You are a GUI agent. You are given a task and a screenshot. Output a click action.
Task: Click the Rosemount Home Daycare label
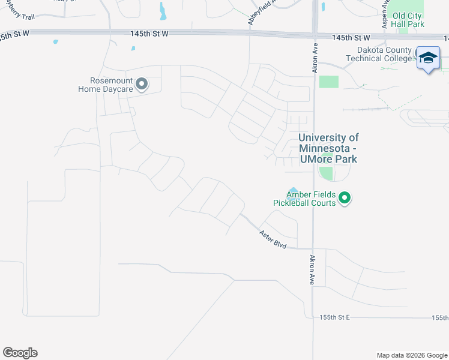(105, 85)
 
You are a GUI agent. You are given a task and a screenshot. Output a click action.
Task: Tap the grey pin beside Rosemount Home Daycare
(142, 84)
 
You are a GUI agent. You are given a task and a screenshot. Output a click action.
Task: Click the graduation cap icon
(428, 58)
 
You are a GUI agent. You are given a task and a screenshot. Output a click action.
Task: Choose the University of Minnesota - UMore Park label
(328, 148)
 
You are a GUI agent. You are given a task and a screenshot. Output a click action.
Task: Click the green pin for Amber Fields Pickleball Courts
(345, 197)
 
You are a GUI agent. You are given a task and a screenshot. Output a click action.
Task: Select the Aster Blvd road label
(273, 239)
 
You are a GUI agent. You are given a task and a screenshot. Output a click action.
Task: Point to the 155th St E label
(334, 317)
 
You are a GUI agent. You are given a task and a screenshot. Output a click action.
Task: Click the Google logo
(20, 353)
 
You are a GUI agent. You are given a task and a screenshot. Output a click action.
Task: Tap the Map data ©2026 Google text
(411, 355)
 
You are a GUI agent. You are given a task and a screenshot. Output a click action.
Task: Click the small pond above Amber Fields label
(293, 189)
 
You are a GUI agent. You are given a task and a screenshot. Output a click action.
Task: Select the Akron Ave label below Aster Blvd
(312, 270)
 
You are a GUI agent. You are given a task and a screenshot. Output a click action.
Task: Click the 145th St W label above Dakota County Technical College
(351, 37)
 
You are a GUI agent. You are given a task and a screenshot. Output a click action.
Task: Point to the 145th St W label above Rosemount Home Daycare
(149, 34)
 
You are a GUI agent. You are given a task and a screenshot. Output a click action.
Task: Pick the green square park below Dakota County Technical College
(328, 82)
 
